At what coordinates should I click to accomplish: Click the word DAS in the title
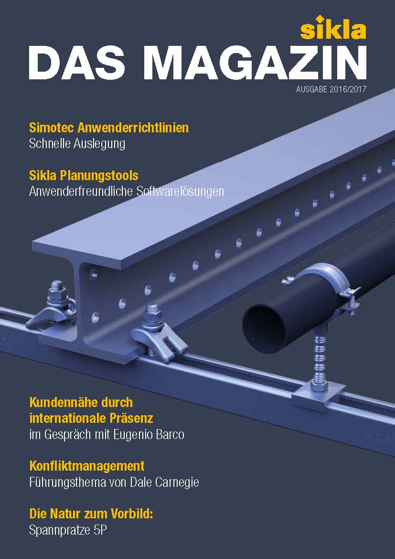[81, 63]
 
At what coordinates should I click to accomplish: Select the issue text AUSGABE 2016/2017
[331, 89]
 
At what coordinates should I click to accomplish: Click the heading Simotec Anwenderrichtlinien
[109, 127]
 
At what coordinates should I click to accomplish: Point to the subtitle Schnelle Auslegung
[77, 144]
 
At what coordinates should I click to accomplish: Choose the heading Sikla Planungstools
[84, 175]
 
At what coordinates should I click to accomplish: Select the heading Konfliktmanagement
[86, 466]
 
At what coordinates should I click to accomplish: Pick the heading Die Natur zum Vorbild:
[91, 514]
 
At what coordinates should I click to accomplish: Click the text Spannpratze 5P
[68, 530]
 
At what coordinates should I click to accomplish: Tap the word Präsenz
[130, 418]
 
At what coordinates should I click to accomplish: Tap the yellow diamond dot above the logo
[320, 18]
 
